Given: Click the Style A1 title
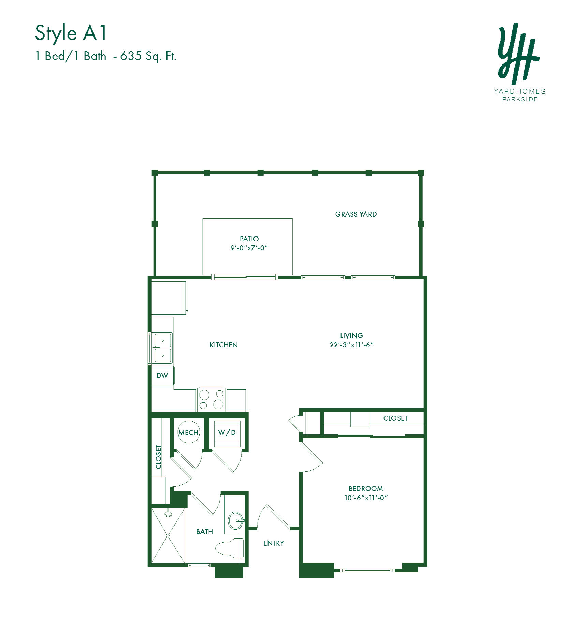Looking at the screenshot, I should pyautogui.click(x=71, y=33).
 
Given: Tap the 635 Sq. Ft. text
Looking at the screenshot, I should pyautogui.click(x=148, y=56).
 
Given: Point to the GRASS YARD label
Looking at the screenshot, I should pyautogui.click(x=356, y=214).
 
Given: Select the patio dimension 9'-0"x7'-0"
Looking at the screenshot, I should pyautogui.click(x=249, y=248).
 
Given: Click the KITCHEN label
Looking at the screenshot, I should pyautogui.click(x=223, y=345).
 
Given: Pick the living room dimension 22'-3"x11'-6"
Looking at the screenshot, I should pyautogui.click(x=351, y=345).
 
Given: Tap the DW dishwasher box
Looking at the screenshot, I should pyautogui.click(x=162, y=376).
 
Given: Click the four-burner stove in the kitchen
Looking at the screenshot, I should pyautogui.click(x=211, y=399).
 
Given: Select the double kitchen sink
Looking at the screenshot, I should pyautogui.click(x=163, y=348).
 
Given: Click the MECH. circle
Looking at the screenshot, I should pyautogui.click(x=189, y=432).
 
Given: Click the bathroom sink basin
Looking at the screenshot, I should pyautogui.click(x=235, y=520).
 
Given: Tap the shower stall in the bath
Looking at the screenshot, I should pyautogui.click(x=168, y=536).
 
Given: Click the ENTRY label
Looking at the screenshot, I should pyautogui.click(x=274, y=543).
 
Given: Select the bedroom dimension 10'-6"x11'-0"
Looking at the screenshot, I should pyautogui.click(x=366, y=498).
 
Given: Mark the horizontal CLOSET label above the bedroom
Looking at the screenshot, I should pyautogui.click(x=395, y=418).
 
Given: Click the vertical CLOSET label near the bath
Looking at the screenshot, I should pyautogui.click(x=158, y=457).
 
